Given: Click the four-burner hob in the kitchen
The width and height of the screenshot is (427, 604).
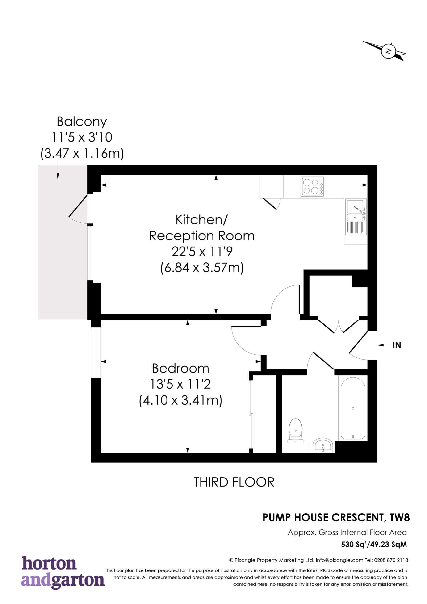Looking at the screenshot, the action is coord(313,187).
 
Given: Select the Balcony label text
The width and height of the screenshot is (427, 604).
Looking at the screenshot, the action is coord(82,122).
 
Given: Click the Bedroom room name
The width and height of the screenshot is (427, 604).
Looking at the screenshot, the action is coord(180,368).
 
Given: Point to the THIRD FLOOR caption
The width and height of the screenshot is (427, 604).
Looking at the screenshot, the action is coord(234,482).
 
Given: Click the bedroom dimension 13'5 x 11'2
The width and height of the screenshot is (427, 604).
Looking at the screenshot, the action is coord(180,384).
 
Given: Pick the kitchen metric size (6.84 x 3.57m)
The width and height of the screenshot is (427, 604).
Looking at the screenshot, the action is coord(202,268).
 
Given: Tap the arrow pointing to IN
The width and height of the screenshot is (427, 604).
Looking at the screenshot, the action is coord(384,345).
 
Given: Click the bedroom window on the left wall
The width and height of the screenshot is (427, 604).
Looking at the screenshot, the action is coord(96,352).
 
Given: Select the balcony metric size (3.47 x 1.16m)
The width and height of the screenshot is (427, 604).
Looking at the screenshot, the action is coord(82,153).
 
